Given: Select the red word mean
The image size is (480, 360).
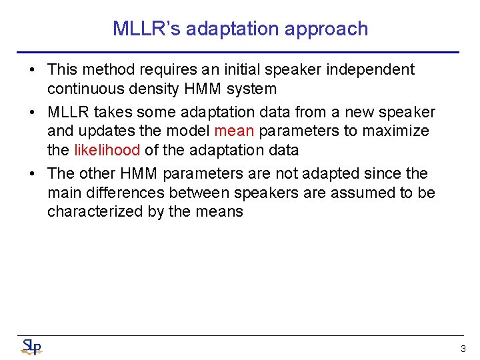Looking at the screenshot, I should pyautogui.click(x=234, y=131).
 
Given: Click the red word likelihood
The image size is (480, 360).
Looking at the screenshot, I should pyautogui.click(x=107, y=150).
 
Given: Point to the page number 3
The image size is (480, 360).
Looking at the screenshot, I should pyautogui.click(x=463, y=349).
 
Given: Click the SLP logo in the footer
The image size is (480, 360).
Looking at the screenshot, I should pyautogui.click(x=31, y=347).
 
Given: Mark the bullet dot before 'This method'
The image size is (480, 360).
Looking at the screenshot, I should pyautogui.click(x=33, y=70).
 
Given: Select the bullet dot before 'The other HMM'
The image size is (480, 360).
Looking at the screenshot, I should pyautogui.click(x=33, y=174).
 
